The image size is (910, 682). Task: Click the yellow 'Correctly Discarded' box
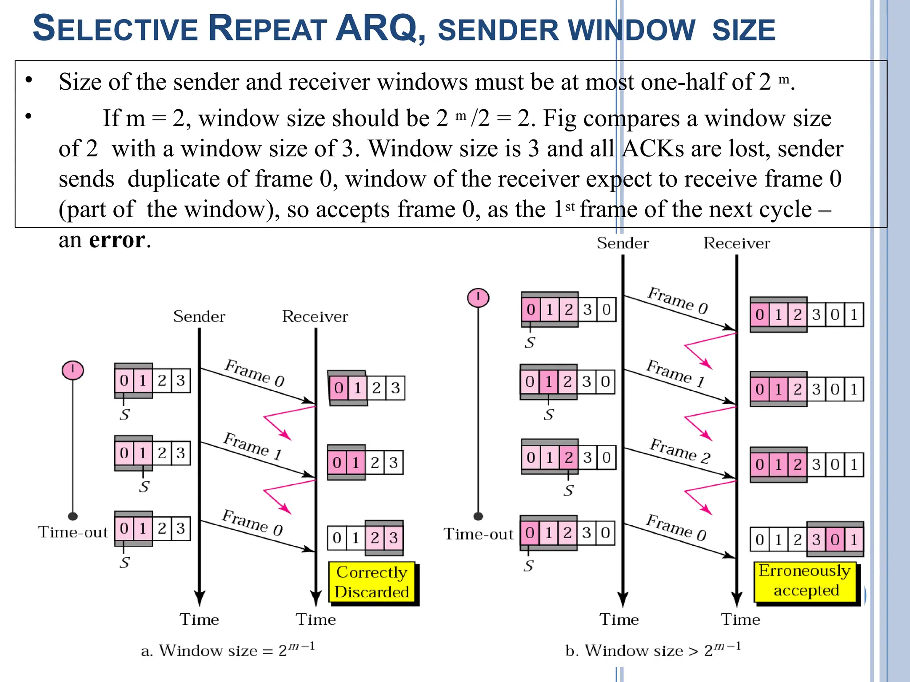click(x=372, y=582)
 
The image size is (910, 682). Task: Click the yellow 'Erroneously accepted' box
click(x=805, y=581)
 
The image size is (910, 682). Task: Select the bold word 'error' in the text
click(x=117, y=240)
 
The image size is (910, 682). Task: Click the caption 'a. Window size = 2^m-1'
click(x=228, y=650)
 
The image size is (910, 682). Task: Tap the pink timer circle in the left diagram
click(x=73, y=370)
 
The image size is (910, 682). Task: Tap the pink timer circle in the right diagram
click(x=478, y=297)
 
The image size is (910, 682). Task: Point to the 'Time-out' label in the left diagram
click(x=73, y=532)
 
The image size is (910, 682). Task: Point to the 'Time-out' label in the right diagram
click(x=478, y=534)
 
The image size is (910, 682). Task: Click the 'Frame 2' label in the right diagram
click(x=680, y=451)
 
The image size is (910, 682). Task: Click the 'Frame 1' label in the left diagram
click(x=252, y=446)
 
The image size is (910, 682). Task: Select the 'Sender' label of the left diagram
click(x=199, y=317)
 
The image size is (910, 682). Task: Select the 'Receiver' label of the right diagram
click(x=736, y=243)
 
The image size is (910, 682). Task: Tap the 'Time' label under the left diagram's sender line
click(x=199, y=619)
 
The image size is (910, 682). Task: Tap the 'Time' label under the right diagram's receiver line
click(x=740, y=619)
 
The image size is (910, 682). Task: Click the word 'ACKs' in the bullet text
click(x=653, y=149)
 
